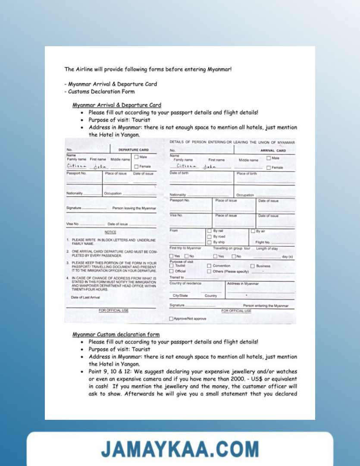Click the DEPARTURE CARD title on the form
click(133, 150)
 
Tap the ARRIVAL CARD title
click(273, 151)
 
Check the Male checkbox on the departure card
click(136, 157)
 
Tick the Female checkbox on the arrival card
click(269, 167)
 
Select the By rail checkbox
click(210, 231)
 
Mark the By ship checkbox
click(210, 242)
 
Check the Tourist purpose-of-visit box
click(172, 266)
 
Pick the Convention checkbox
click(210, 266)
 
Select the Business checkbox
click(253, 266)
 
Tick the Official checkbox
click(172, 271)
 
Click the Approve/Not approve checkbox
click(172, 319)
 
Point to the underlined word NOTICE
click(110, 232)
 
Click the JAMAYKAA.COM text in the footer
click(180, 449)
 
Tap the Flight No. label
click(263, 242)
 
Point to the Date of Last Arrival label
click(85, 297)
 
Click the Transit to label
click(177, 277)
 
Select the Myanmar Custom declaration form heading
click(116, 334)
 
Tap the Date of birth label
click(179, 173)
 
